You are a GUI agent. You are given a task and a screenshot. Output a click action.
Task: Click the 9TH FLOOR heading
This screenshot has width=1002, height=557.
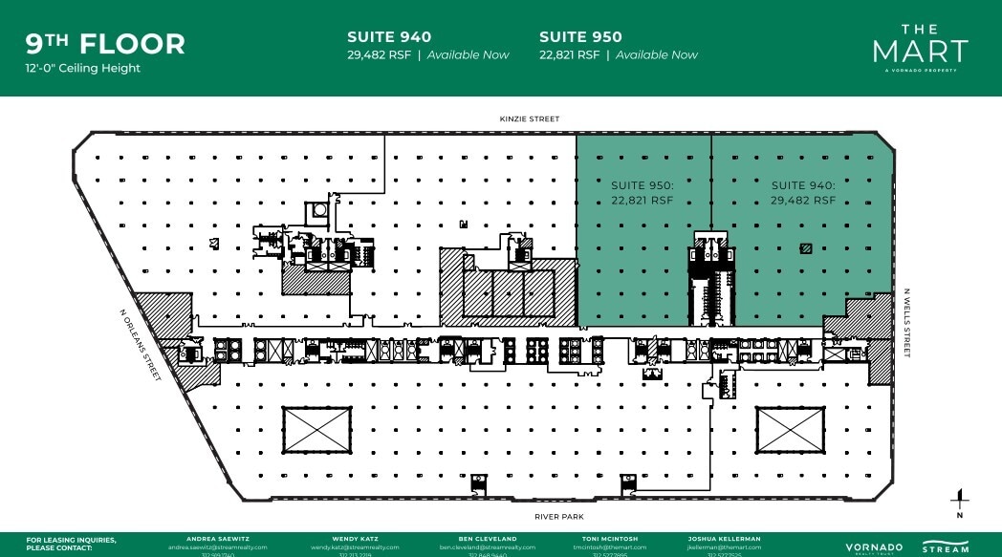(105, 44)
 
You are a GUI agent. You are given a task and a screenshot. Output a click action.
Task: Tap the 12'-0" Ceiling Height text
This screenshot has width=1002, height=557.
(83, 69)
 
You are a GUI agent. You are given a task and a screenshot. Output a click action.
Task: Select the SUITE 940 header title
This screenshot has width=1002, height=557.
(389, 37)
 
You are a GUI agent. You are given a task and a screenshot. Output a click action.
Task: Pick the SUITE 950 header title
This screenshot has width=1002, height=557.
(580, 37)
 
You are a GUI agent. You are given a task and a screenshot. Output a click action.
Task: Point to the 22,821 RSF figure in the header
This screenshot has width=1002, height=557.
(569, 55)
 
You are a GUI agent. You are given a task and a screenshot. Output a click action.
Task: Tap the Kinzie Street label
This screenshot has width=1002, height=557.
(529, 119)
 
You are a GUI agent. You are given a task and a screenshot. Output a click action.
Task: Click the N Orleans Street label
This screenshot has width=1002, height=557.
(140, 344)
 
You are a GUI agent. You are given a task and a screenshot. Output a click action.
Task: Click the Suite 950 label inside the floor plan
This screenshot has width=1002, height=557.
(643, 193)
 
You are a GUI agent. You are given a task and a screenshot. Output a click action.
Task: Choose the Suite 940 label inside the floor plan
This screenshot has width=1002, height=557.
(803, 193)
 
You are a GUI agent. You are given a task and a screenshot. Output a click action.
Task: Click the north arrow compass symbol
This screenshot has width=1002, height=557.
(959, 502)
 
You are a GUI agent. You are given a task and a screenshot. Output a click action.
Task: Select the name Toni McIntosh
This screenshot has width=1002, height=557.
(604, 539)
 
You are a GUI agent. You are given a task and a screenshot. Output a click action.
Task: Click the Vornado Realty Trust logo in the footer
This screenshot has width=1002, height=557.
(873, 547)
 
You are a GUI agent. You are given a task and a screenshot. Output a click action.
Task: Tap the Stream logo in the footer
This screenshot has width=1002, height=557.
(946, 547)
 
